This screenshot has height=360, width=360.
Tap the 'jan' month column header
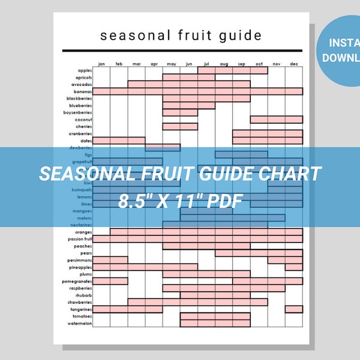(x=101, y=64)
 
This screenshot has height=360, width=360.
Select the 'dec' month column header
(x=294, y=64)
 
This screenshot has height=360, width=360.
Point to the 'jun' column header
(x=189, y=64)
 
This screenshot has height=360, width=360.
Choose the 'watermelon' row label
(x=80, y=323)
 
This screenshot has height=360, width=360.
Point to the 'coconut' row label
(x=83, y=119)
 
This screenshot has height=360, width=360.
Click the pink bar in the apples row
(x=233, y=70)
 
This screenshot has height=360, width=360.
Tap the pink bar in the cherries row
(x=180, y=127)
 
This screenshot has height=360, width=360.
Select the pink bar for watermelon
(x=215, y=323)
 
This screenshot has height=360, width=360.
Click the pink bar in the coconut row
(x=276, y=119)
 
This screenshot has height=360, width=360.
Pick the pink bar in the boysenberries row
(x=180, y=112)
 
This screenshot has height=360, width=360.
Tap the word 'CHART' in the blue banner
(x=289, y=175)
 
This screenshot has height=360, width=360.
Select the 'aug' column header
(x=224, y=64)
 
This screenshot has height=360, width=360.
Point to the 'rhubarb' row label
(x=83, y=295)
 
